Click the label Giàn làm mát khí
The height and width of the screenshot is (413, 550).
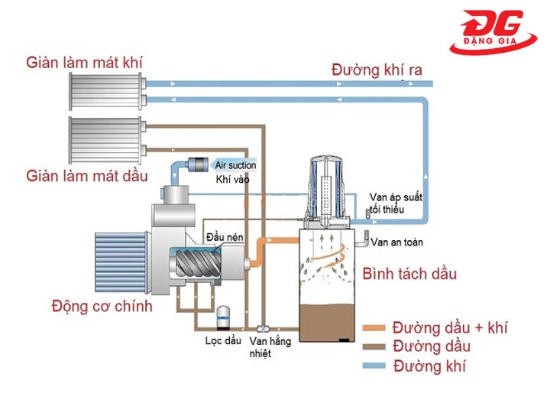[x=84, y=61]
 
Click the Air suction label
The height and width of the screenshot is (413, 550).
[x=235, y=165]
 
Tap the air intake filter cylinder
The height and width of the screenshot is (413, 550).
[x=201, y=164]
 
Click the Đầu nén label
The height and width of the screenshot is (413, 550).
[x=225, y=239]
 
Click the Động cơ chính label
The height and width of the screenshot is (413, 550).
[x=102, y=307]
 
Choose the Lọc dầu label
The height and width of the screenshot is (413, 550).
[x=224, y=340]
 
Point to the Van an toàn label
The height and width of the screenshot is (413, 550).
[x=396, y=242]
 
